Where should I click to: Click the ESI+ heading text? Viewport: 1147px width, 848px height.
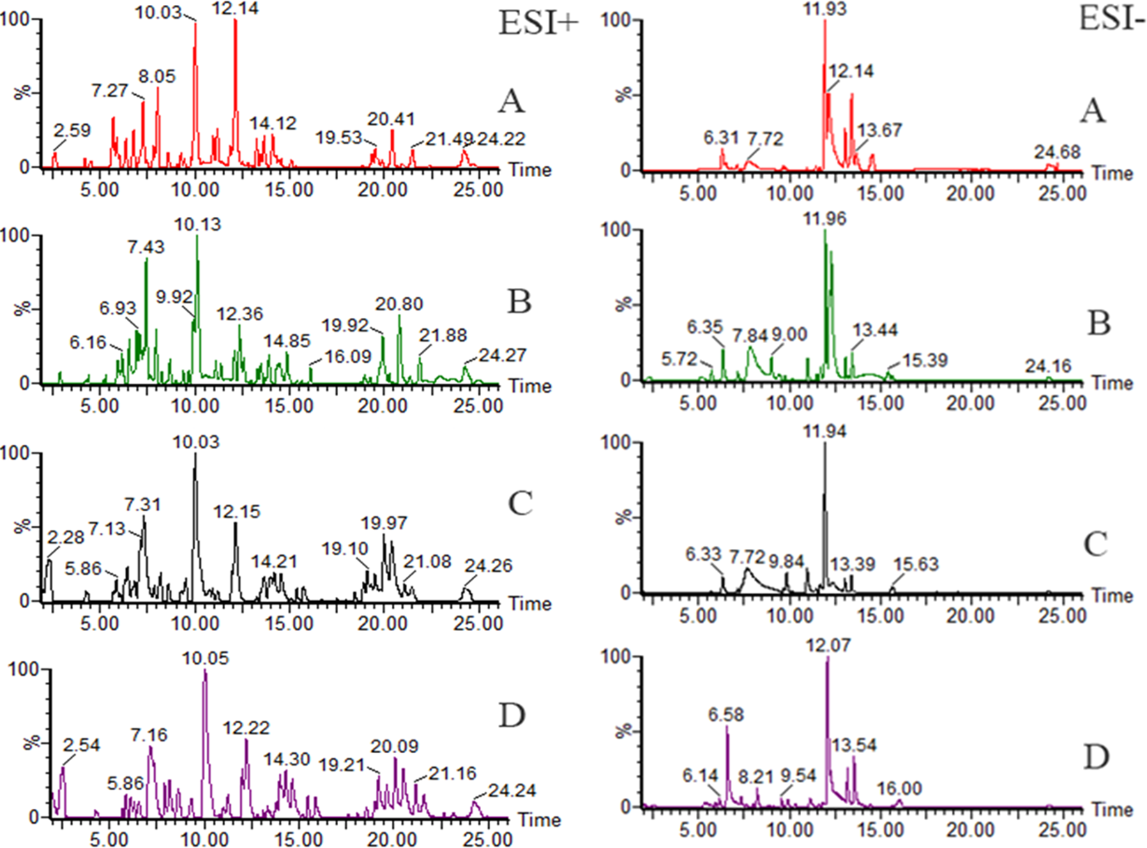(538, 23)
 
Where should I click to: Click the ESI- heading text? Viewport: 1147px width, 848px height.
(1111, 19)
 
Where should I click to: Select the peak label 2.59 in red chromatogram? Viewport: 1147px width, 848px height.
(72, 130)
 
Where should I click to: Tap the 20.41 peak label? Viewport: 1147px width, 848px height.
(391, 119)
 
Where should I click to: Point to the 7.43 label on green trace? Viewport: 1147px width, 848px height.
(146, 247)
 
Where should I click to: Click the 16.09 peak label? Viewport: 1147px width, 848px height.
(348, 356)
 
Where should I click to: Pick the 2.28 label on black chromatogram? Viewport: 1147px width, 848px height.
(66, 537)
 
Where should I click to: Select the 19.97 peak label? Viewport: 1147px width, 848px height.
(384, 523)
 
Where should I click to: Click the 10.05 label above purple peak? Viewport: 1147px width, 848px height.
(205, 658)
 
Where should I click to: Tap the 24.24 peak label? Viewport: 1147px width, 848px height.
(512, 790)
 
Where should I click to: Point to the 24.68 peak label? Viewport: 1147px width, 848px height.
(1057, 151)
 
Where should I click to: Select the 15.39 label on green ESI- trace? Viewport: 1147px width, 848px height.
(925, 360)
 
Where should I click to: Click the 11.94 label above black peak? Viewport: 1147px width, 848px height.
(824, 432)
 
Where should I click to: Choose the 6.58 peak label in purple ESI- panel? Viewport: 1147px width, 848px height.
(726, 715)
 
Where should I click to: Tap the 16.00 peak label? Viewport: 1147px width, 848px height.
(899, 789)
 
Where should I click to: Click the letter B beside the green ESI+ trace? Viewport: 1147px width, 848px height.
(519, 302)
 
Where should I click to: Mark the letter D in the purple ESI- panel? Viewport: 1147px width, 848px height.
(1095, 757)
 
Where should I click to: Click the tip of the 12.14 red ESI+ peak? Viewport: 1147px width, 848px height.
(236, 20)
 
